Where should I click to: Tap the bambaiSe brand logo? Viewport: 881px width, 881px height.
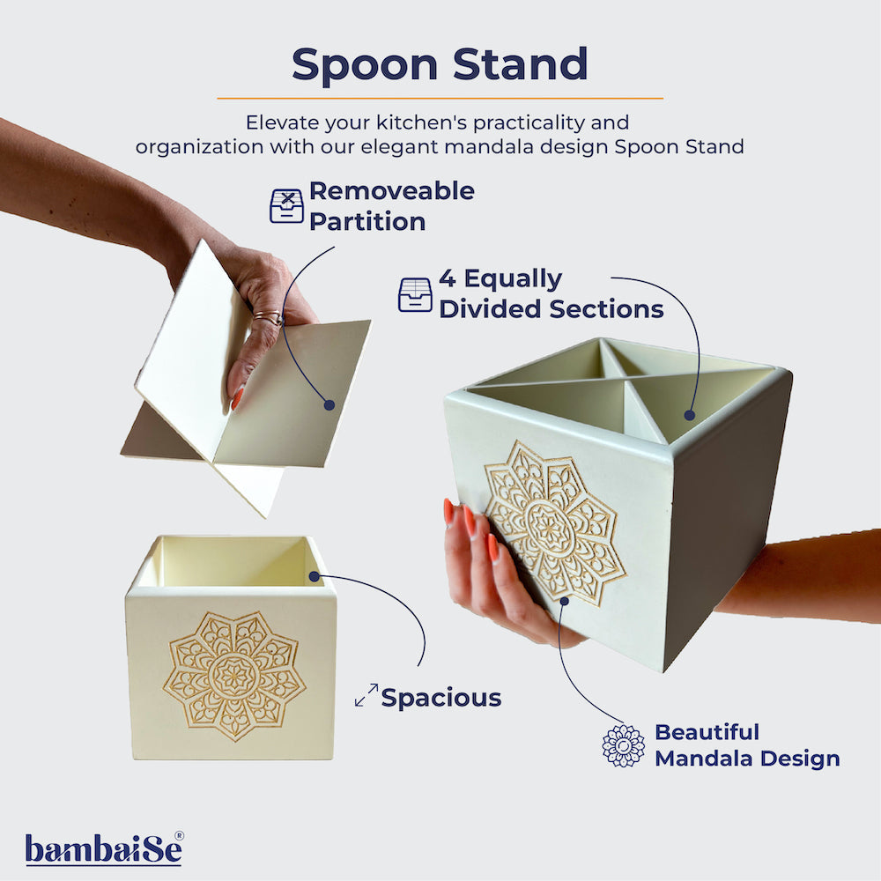tap(104, 849)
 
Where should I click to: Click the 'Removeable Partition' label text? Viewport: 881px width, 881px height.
tap(391, 205)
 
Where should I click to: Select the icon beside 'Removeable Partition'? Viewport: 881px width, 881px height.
tap(286, 205)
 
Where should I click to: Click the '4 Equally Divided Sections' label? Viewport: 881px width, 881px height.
tap(551, 294)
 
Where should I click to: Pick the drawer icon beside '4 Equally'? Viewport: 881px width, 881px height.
tap(415, 294)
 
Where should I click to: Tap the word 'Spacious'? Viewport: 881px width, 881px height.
tap(440, 698)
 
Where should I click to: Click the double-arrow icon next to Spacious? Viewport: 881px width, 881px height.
tap(366, 695)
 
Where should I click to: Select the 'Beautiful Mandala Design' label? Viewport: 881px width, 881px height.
tap(746, 744)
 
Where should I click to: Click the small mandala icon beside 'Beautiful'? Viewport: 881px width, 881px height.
tap(623, 745)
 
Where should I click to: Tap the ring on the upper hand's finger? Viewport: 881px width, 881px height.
tap(268, 318)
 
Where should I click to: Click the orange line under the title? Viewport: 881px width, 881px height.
tap(440, 98)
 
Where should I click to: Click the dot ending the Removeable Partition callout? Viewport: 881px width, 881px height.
tap(329, 405)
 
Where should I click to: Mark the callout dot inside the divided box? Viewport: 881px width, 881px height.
tap(690, 413)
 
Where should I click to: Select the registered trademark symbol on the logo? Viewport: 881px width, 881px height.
tap(179, 835)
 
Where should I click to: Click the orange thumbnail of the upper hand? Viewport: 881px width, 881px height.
tap(237, 398)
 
